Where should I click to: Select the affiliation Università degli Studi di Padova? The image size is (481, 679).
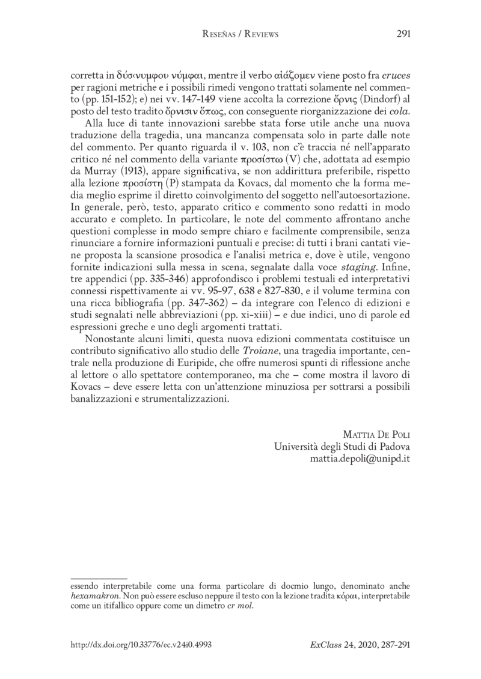tap(342, 446)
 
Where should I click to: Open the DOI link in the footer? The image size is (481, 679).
tap(141, 644)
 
